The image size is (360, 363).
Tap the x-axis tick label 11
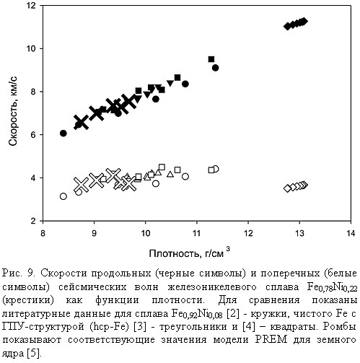coord(197,233)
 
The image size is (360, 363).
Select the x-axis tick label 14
coord(351,233)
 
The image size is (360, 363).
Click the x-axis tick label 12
coord(248,233)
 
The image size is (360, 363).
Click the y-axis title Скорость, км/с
coord(13,111)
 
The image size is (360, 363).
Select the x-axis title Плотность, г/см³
coord(189,253)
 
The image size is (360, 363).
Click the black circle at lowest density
coord(63,134)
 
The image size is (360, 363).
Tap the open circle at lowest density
coord(63,196)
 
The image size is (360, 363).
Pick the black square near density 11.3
coord(211,59)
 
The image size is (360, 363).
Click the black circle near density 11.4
coord(216,68)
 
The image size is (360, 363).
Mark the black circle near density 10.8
coord(185,84)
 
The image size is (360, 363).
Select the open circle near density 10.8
coord(185,177)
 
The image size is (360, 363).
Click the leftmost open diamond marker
coord(287,188)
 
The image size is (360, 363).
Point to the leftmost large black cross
coord(81,122)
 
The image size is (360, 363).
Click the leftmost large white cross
coord(81,185)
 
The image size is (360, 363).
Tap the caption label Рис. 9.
coord(19,273)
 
